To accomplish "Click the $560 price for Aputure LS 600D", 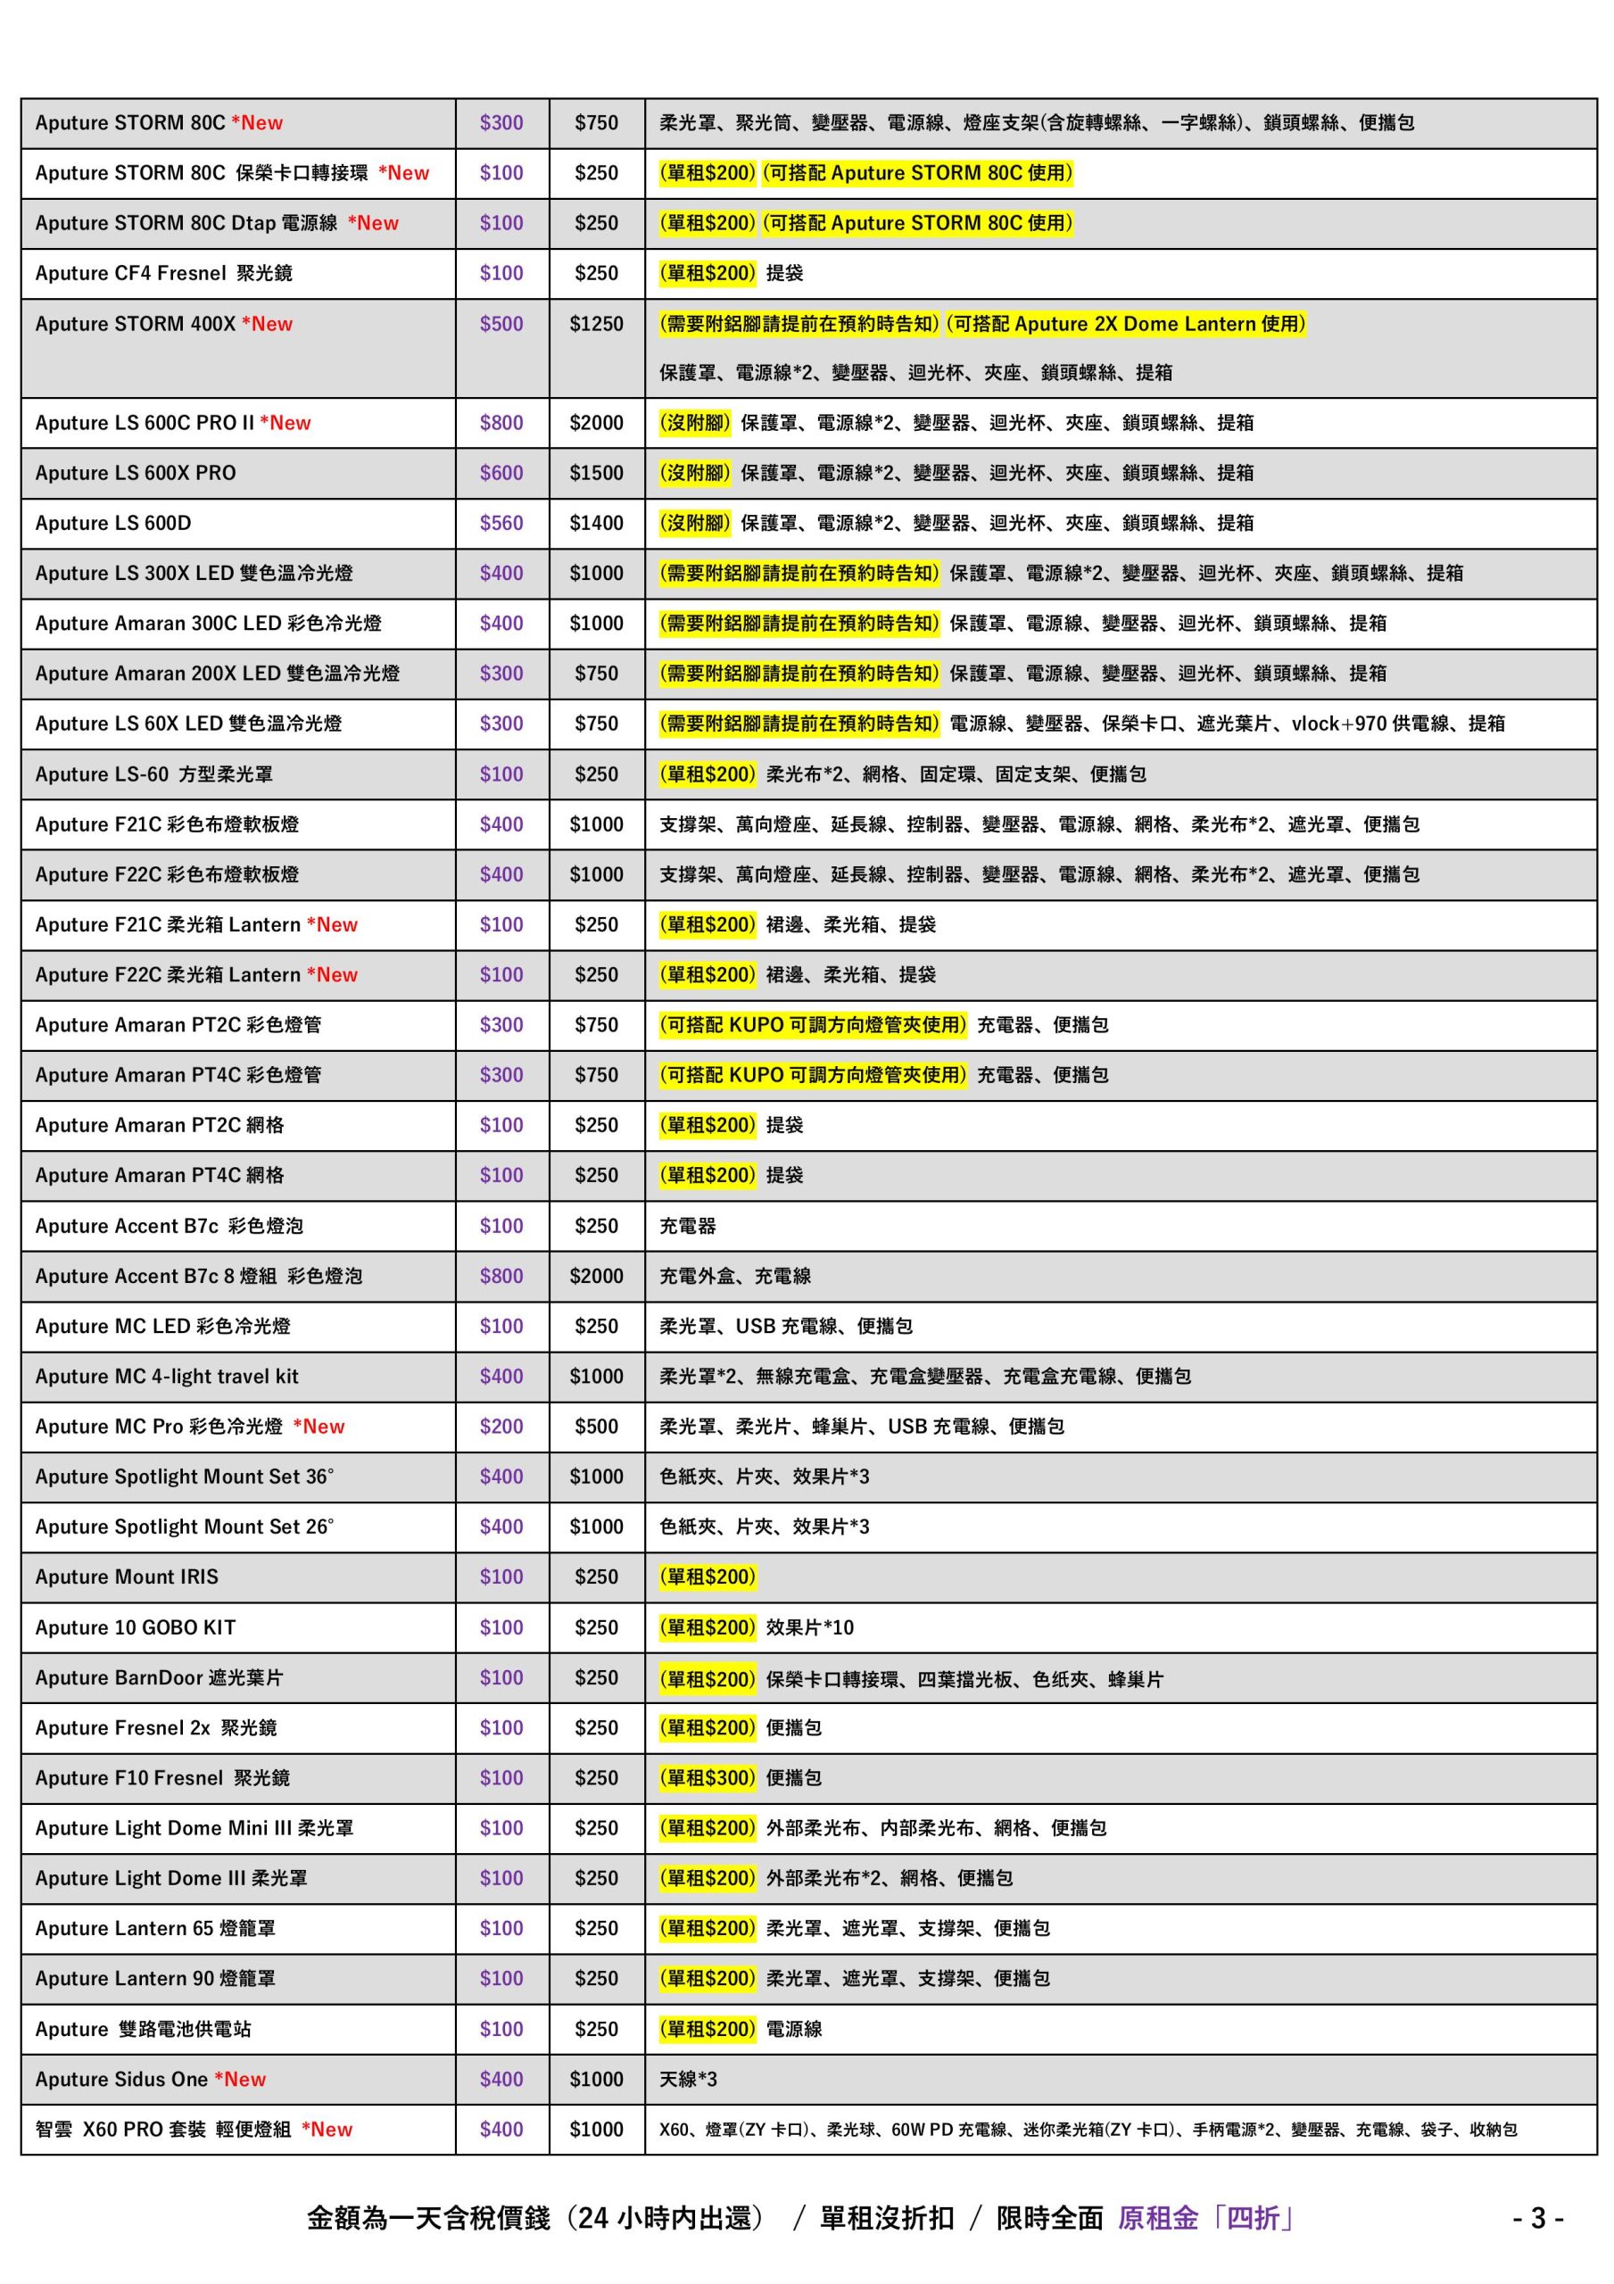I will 501,523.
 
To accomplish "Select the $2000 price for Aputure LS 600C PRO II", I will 596,423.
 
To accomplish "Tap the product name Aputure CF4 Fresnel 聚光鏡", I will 163,274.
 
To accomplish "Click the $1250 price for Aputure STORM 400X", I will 596,324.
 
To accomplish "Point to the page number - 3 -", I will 1537,2217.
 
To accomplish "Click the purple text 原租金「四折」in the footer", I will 1205,2217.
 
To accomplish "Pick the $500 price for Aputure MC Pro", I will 596,1427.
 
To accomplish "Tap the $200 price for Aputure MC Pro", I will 501,1427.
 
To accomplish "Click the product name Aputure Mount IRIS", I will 127,1576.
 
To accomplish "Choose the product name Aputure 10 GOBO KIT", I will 136,1627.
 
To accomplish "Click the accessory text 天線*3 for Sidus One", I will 688,2079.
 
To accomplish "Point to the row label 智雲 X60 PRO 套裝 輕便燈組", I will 163,2129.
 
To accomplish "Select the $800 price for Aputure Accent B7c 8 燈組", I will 501,1277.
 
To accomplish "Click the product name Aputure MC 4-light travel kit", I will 166,1377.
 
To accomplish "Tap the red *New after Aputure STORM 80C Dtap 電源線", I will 373,224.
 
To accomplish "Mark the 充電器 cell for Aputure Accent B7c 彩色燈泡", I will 688,1227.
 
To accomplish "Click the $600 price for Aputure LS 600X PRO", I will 501,474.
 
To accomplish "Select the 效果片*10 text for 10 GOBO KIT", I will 809,1627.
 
